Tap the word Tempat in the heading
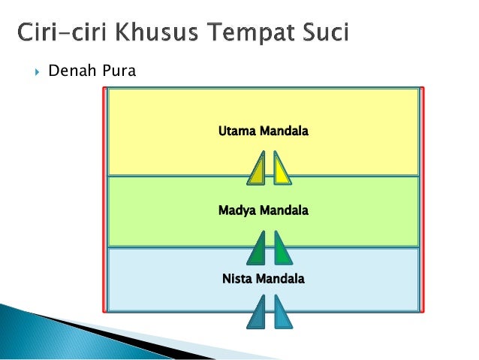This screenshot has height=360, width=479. (252, 35)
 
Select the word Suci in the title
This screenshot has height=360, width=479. (324, 35)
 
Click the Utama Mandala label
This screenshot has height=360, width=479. (263, 132)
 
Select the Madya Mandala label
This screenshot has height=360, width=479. (263, 210)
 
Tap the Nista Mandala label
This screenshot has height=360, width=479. (263, 279)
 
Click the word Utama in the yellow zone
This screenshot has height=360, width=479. (236, 132)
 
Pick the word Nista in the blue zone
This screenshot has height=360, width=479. (237, 279)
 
